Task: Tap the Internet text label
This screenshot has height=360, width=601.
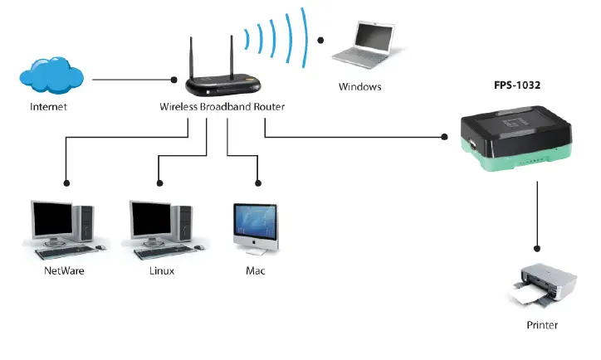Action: [48, 107]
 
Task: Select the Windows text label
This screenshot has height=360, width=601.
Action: [359, 86]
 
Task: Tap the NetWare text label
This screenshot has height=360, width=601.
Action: [64, 270]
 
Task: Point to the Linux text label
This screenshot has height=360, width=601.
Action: [162, 270]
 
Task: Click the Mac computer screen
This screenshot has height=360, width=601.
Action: [254, 221]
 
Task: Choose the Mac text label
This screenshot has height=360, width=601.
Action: [256, 270]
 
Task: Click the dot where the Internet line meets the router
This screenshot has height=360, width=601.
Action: [174, 80]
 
